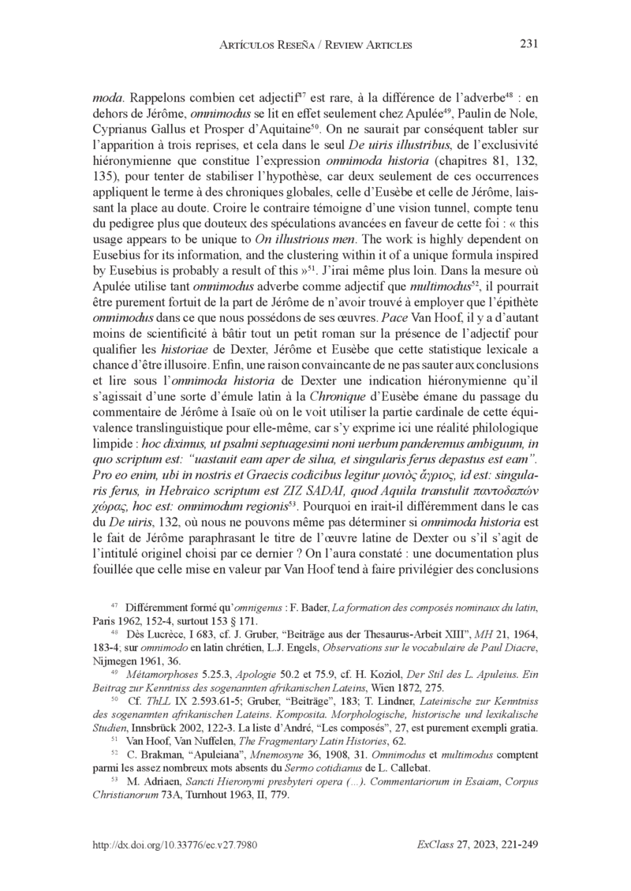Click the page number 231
pyautogui.click(x=529, y=44)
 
